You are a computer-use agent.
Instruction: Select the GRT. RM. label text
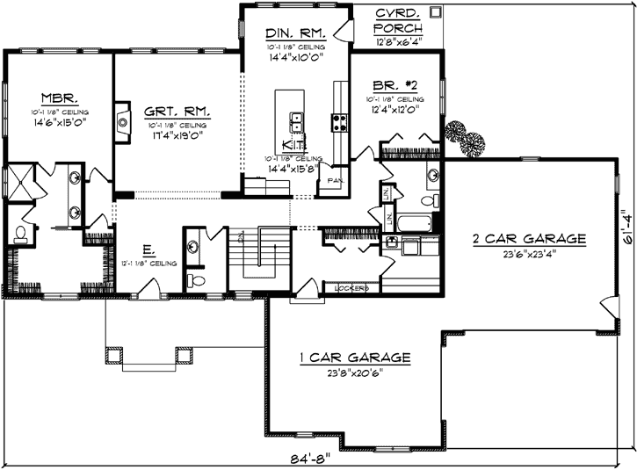178,112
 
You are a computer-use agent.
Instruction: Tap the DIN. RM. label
296,33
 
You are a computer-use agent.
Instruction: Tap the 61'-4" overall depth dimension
626,228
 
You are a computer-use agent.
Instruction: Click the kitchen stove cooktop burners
337,121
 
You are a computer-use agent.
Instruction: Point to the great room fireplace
119,123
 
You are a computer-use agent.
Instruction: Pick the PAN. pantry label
334,180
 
